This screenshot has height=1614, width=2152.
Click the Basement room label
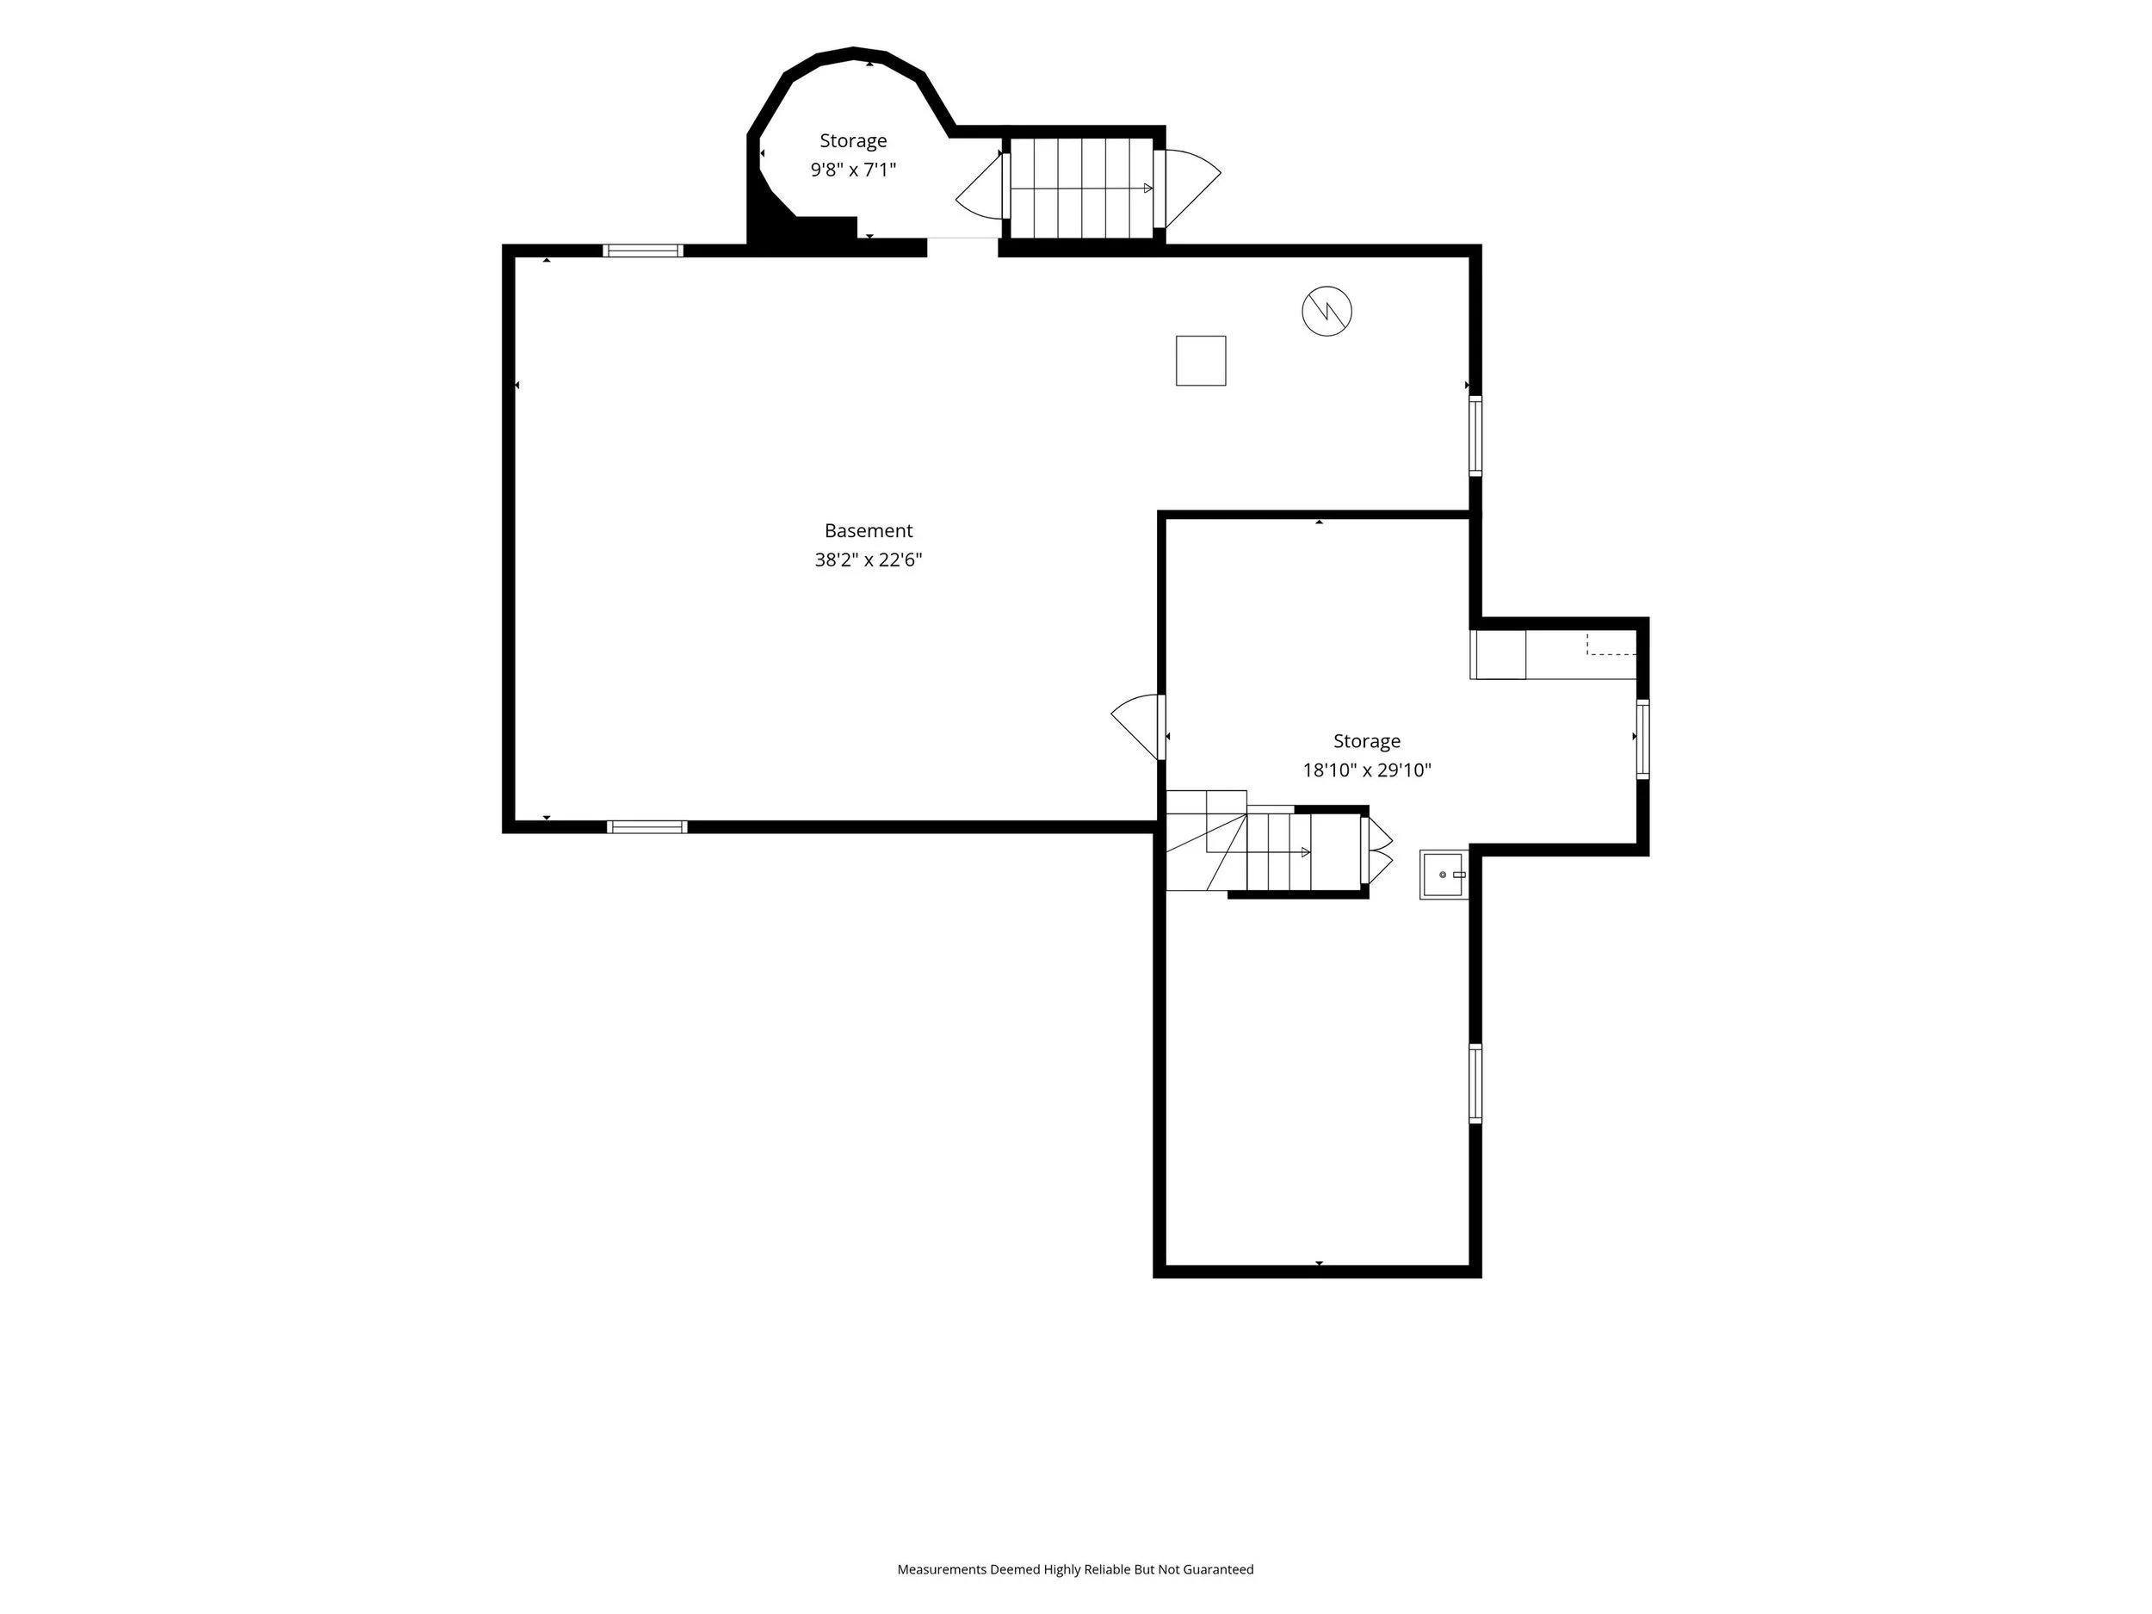[x=868, y=531]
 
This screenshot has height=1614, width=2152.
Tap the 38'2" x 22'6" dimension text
[x=868, y=560]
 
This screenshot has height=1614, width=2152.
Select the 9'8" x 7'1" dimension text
[x=853, y=170]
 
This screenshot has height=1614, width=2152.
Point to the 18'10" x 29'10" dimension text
[x=1367, y=770]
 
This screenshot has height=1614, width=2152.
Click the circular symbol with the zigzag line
[x=1327, y=312]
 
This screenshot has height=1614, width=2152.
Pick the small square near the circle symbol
[x=1201, y=361]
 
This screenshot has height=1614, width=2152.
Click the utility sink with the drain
[x=1444, y=875]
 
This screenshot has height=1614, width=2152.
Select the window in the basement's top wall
[x=643, y=251]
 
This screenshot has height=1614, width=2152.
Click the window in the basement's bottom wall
[x=647, y=827]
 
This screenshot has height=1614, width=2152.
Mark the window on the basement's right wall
[x=1475, y=436]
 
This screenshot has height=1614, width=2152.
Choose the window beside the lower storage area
[x=1475, y=1084]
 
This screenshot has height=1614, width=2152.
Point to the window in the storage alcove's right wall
[x=1642, y=739]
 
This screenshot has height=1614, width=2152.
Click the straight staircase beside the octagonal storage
[x=1082, y=188]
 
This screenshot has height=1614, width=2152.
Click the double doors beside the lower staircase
[x=1377, y=850]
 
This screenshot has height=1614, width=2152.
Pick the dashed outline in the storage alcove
[x=1611, y=644]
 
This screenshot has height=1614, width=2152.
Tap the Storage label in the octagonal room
[x=853, y=141]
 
